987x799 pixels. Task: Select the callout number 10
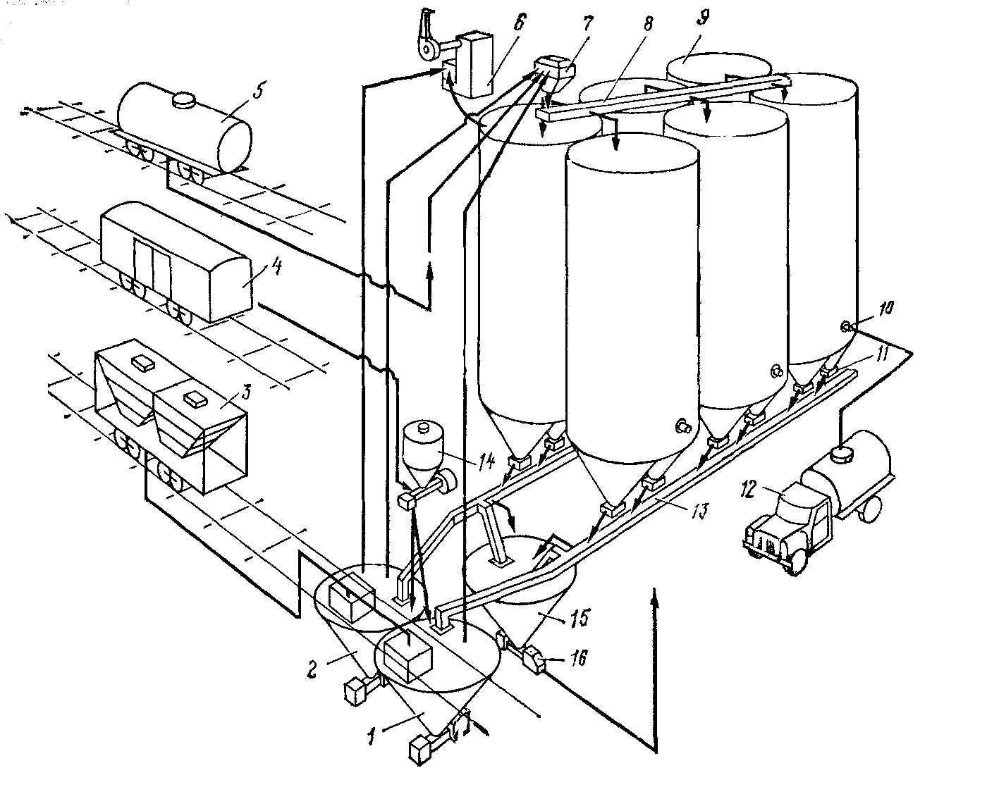[x=886, y=308]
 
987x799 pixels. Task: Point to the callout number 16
[x=577, y=659]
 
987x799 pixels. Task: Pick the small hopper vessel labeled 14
[x=422, y=449]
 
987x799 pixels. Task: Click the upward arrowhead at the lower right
[x=656, y=595]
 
